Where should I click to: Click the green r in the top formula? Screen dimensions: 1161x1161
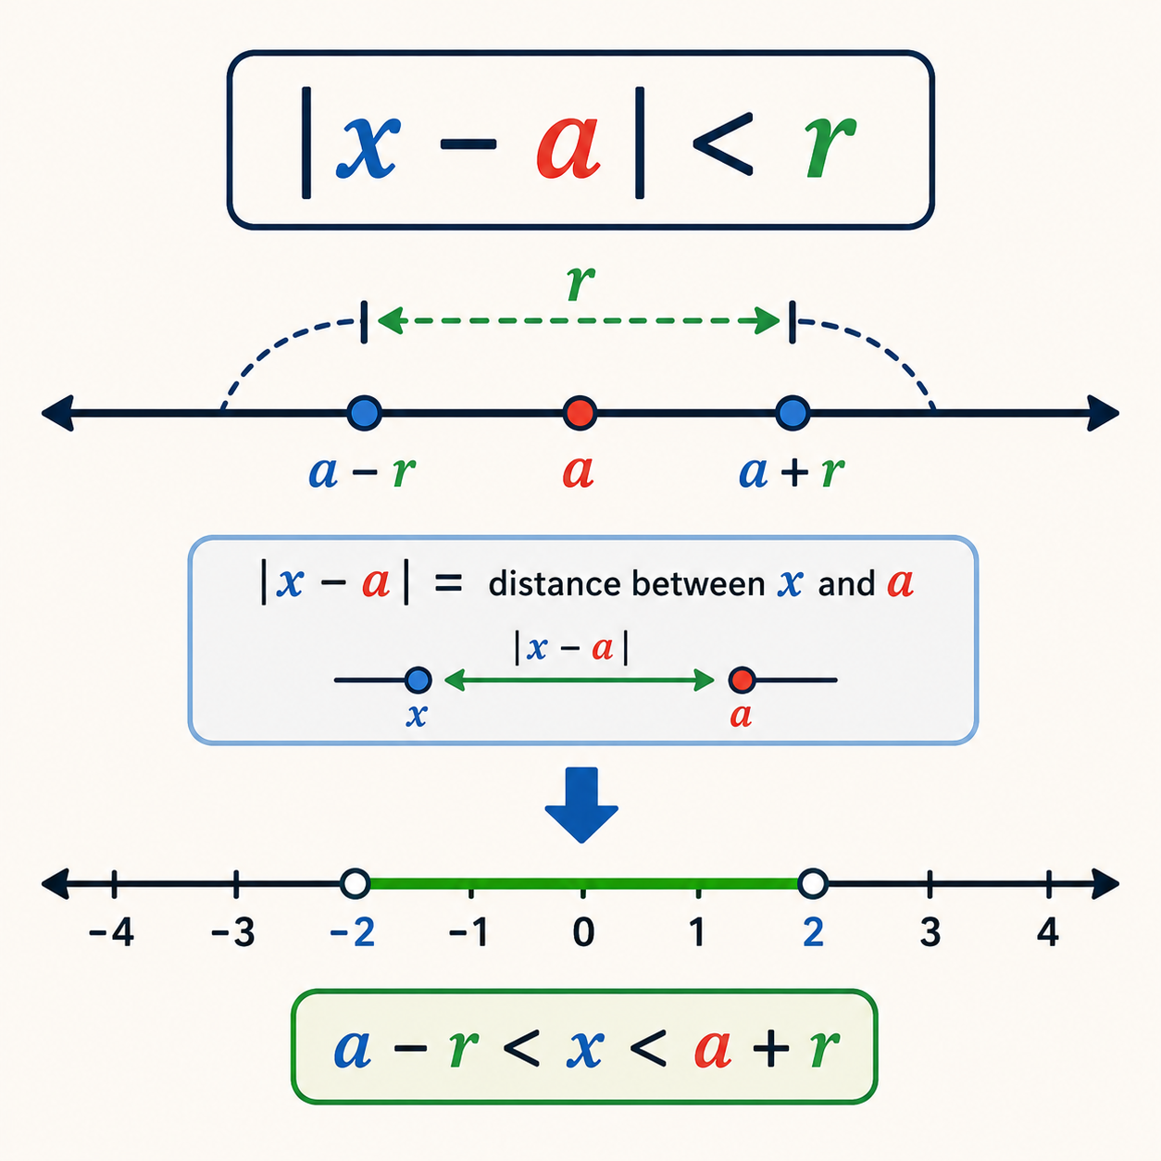click(830, 146)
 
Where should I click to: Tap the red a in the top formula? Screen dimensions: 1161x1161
click(568, 147)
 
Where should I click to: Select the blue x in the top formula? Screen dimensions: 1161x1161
click(368, 146)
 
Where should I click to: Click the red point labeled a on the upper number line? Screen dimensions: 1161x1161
click(580, 413)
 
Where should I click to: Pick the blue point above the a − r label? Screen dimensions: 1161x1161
click(365, 413)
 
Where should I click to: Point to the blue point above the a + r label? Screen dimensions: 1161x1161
click(793, 413)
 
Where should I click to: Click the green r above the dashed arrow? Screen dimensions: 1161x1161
click(580, 282)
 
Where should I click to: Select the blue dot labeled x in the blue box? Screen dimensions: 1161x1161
click(418, 680)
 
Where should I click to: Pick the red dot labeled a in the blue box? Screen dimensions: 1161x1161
click(742, 680)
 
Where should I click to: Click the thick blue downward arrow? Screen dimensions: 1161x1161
click(581, 805)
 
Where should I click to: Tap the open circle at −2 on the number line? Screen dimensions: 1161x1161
click(355, 883)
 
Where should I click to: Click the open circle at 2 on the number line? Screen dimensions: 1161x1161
click(813, 883)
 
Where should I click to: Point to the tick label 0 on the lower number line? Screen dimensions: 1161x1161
click(583, 931)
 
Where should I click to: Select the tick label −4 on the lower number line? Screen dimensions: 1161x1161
click(111, 931)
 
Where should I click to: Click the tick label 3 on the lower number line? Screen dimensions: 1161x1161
click(930, 931)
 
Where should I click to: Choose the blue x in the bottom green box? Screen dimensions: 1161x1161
click(584, 1049)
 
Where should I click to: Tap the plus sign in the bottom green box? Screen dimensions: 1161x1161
click(770, 1049)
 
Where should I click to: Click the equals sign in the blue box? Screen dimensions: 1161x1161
click(448, 583)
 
